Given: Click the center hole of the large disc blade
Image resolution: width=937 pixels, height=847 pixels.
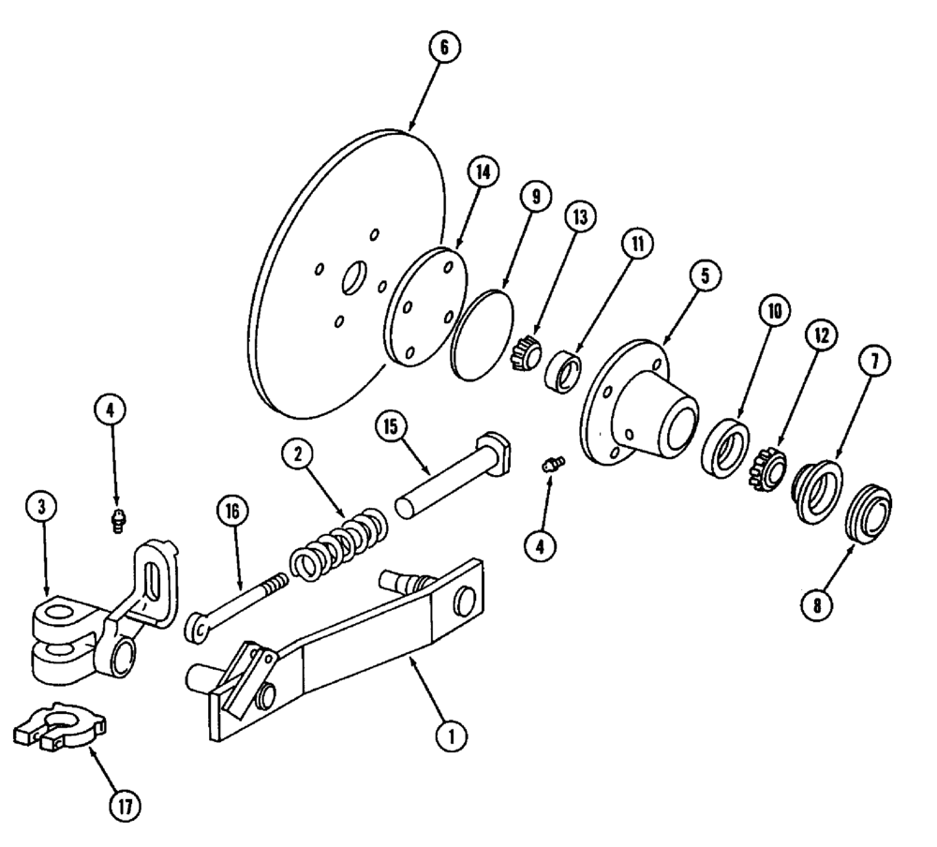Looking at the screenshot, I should click(355, 278).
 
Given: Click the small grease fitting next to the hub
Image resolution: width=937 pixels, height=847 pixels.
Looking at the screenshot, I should click(553, 464).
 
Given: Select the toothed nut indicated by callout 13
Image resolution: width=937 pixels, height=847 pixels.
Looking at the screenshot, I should click(526, 354).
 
